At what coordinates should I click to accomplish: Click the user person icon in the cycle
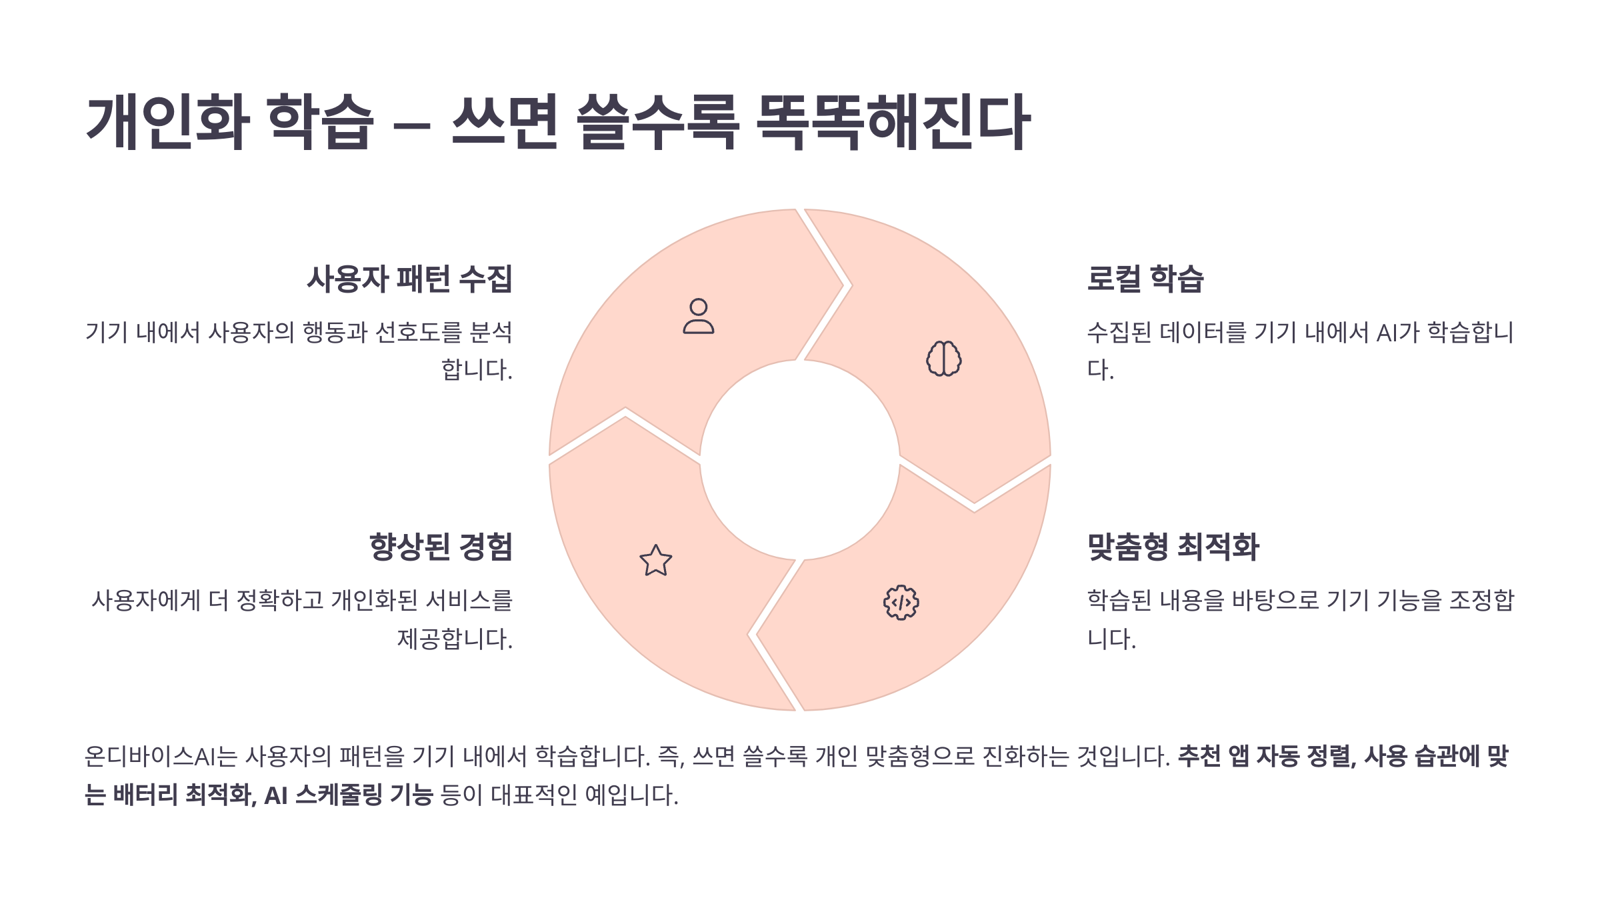pyautogui.click(x=698, y=316)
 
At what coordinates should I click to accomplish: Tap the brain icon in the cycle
pyautogui.click(x=944, y=359)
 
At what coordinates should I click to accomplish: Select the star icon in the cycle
pyautogui.click(x=656, y=561)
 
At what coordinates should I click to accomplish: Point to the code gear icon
pyautogui.click(x=901, y=603)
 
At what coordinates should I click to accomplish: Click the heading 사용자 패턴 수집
pyautogui.click(x=409, y=279)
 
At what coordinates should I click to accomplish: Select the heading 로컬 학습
pyautogui.click(x=1145, y=279)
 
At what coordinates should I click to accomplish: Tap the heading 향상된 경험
pyautogui.click(x=441, y=547)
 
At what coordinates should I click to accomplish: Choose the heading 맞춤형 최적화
pyautogui.click(x=1173, y=547)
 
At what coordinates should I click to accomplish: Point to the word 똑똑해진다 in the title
pyautogui.click(x=894, y=121)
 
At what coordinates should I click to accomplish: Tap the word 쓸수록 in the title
pyautogui.click(x=657, y=121)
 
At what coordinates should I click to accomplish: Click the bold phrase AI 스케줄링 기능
pyautogui.click(x=349, y=795)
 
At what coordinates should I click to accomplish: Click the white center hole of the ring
pyautogui.click(x=800, y=460)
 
